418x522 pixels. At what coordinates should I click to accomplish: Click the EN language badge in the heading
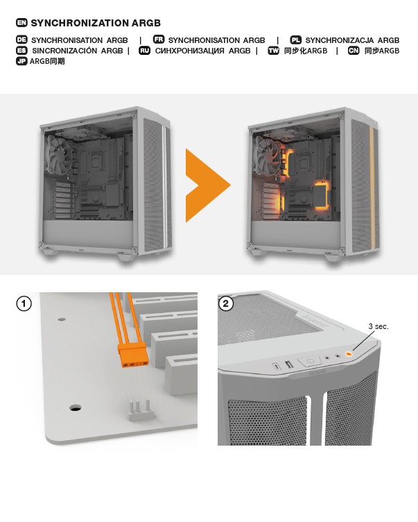(x=21, y=23)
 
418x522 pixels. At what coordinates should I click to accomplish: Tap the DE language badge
(x=21, y=40)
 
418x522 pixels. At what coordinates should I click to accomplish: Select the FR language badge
(x=159, y=40)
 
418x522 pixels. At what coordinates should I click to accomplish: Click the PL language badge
(x=295, y=40)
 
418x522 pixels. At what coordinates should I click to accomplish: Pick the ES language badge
(x=21, y=50)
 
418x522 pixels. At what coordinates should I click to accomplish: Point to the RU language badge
(x=144, y=50)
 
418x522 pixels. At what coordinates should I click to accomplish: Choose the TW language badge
(x=273, y=50)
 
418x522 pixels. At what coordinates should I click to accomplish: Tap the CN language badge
(x=354, y=50)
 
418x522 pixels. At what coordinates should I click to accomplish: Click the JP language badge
(x=21, y=61)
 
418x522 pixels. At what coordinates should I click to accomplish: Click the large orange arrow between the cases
(x=208, y=185)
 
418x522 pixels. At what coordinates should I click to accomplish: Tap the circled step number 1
(x=24, y=303)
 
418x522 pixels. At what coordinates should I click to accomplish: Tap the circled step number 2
(x=226, y=303)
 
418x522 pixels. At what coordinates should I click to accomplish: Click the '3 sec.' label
(x=378, y=326)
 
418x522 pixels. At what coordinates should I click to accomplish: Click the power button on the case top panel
(x=310, y=361)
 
